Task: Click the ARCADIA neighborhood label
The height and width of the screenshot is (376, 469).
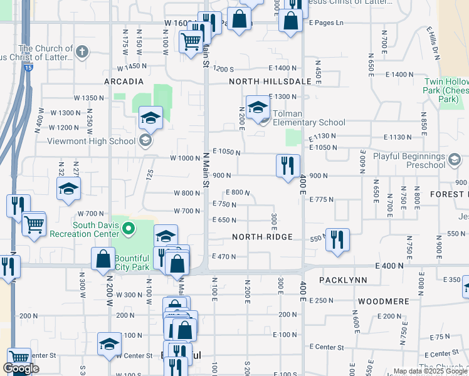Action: [124, 81]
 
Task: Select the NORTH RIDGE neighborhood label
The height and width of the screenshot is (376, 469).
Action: [262, 237]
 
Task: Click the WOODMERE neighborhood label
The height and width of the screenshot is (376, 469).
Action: [384, 301]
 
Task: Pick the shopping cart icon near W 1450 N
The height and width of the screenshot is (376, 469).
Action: [191, 43]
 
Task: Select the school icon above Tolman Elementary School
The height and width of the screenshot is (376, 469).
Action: [257, 108]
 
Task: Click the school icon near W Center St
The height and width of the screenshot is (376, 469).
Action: [109, 343]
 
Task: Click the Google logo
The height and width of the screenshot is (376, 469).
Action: [21, 369]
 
